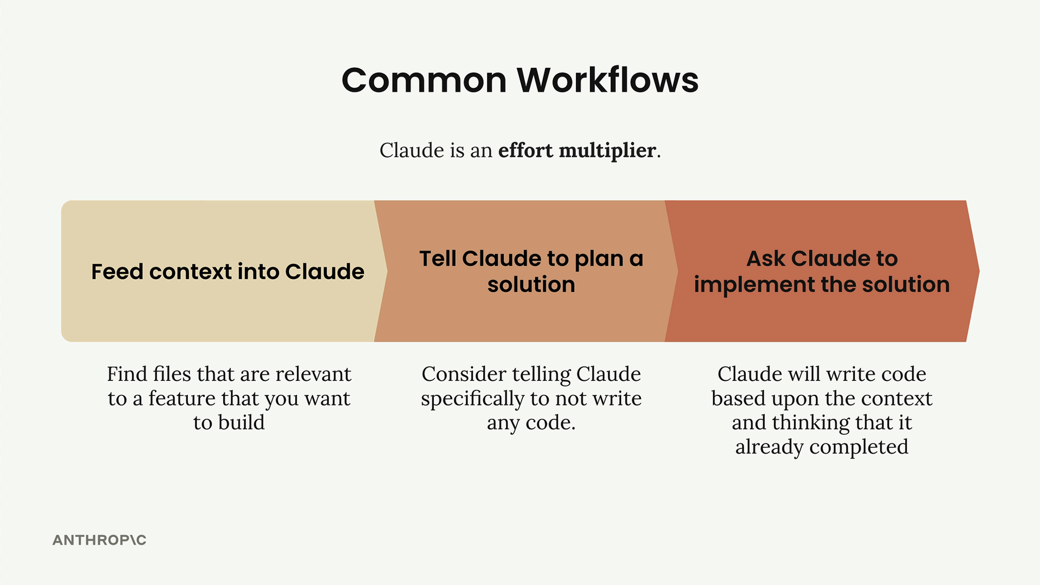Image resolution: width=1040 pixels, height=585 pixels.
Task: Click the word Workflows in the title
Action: pyautogui.click(x=608, y=80)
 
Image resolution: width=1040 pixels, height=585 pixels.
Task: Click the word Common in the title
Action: pyautogui.click(x=424, y=80)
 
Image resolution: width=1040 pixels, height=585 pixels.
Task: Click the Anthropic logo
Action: pyautogui.click(x=100, y=540)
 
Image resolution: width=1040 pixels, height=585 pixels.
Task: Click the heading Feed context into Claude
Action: pyautogui.click(x=227, y=271)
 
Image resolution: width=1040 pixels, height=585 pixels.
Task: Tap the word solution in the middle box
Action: pyautogui.click(x=531, y=284)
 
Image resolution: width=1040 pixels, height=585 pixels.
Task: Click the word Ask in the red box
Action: pyautogui.click(x=766, y=258)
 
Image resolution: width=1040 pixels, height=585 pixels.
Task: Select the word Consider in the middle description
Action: pyautogui.click(x=464, y=374)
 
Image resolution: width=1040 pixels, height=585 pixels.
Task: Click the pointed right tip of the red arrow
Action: pyautogui.click(x=979, y=271)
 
